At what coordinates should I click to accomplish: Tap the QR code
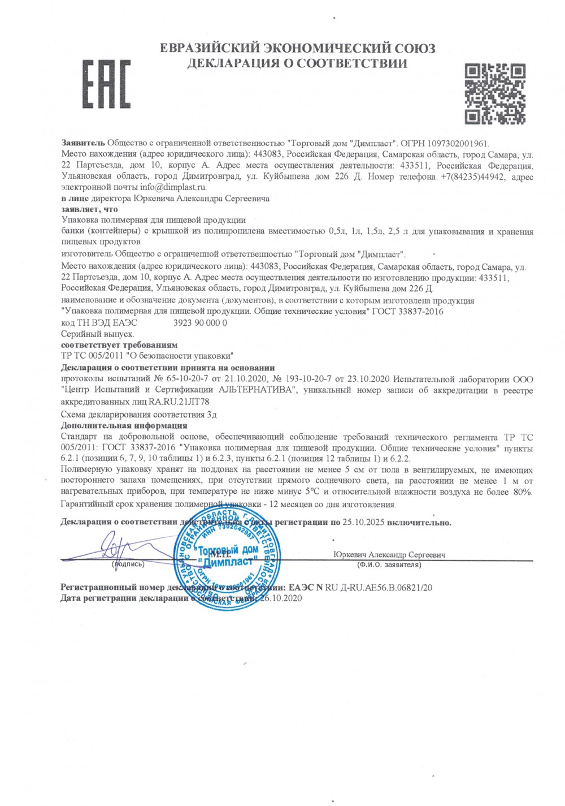pyautogui.click(x=495, y=93)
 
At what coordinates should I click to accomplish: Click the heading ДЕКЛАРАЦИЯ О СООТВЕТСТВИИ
pyautogui.click(x=297, y=63)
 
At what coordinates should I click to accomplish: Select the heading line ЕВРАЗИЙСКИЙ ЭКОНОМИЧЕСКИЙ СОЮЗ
pyautogui.click(x=297, y=48)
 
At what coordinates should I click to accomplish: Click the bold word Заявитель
pyautogui.click(x=83, y=144)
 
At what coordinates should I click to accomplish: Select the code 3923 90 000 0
pyautogui.click(x=200, y=322)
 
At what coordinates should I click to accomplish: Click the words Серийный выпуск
pyautogui.click(x=97, y=334)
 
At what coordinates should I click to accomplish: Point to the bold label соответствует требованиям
pyautogui.click(x=119, y=344)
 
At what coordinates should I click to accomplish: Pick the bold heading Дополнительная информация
pyautogui.click(x=124, y=425)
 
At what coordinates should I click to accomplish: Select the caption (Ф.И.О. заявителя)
pyautogui.click(x=389, y=564)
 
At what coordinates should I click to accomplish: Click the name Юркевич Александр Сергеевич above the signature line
pyautogui.click(x=389, y=554)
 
